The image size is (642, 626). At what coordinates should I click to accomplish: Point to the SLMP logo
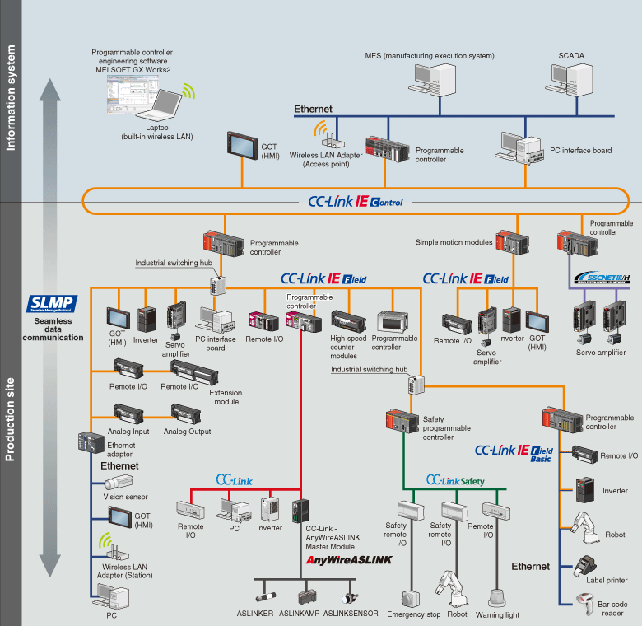click(52, 303)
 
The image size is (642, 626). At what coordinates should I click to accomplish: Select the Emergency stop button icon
click(412, 597)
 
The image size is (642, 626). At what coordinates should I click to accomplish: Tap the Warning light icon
click(498, 596)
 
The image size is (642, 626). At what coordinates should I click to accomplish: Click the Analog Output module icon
click(185, 411)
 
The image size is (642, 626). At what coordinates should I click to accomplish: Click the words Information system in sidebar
click(12, 99)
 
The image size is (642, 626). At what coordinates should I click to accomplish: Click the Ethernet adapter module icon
click(90, 444)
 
